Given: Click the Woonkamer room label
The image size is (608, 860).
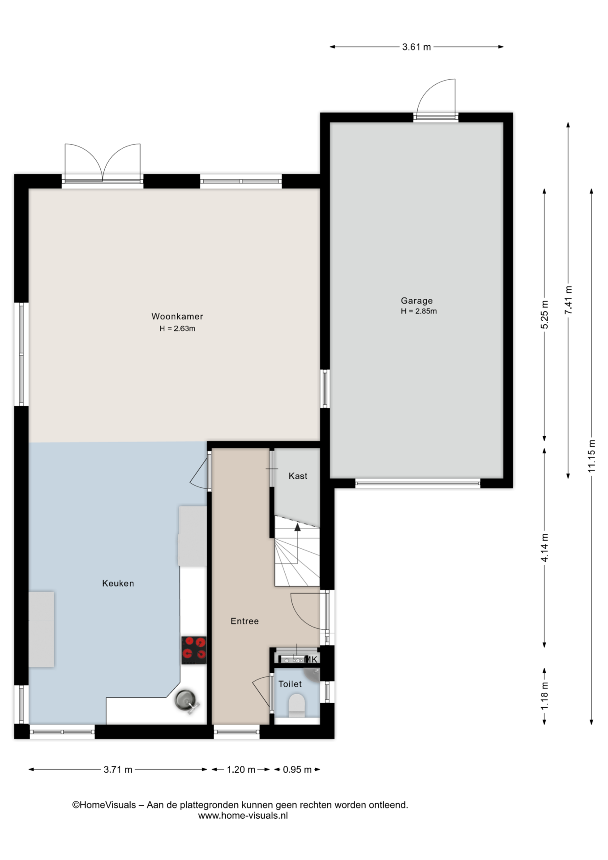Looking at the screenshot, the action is [x=177, y=316].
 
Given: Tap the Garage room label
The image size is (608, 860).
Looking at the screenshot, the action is [x=417, y=301].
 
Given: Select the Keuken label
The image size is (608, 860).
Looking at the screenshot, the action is [x=118, y=583].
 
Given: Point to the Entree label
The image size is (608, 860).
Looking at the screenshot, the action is [x=244, y=621].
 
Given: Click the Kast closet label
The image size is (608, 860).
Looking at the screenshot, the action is [x=298, y=476].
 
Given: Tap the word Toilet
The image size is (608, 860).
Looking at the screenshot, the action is [x=290, y=684].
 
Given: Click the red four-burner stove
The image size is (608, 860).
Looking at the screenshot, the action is [x=194, y=650].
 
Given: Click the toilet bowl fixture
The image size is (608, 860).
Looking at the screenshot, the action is [x=296, y=705].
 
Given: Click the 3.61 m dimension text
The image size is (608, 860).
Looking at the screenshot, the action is [x=416, y=47].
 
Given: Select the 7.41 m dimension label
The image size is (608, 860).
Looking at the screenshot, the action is [x=569, y=300].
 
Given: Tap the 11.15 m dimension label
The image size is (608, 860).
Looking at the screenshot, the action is [x=592, y=456].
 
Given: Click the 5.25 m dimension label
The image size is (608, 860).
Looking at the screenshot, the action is [x=545, y=314].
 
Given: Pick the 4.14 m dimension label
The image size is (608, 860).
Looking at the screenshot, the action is [x=545, y=547].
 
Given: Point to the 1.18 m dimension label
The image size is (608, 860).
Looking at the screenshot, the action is [x=545, y=696].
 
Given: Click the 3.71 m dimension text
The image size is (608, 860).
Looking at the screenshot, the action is [x=118, y=770].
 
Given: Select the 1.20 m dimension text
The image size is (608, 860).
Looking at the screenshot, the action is [x=241, y=770].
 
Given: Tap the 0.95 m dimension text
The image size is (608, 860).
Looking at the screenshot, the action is [x=297, y=770].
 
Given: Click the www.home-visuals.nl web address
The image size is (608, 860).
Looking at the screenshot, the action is [x=243, y=816].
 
